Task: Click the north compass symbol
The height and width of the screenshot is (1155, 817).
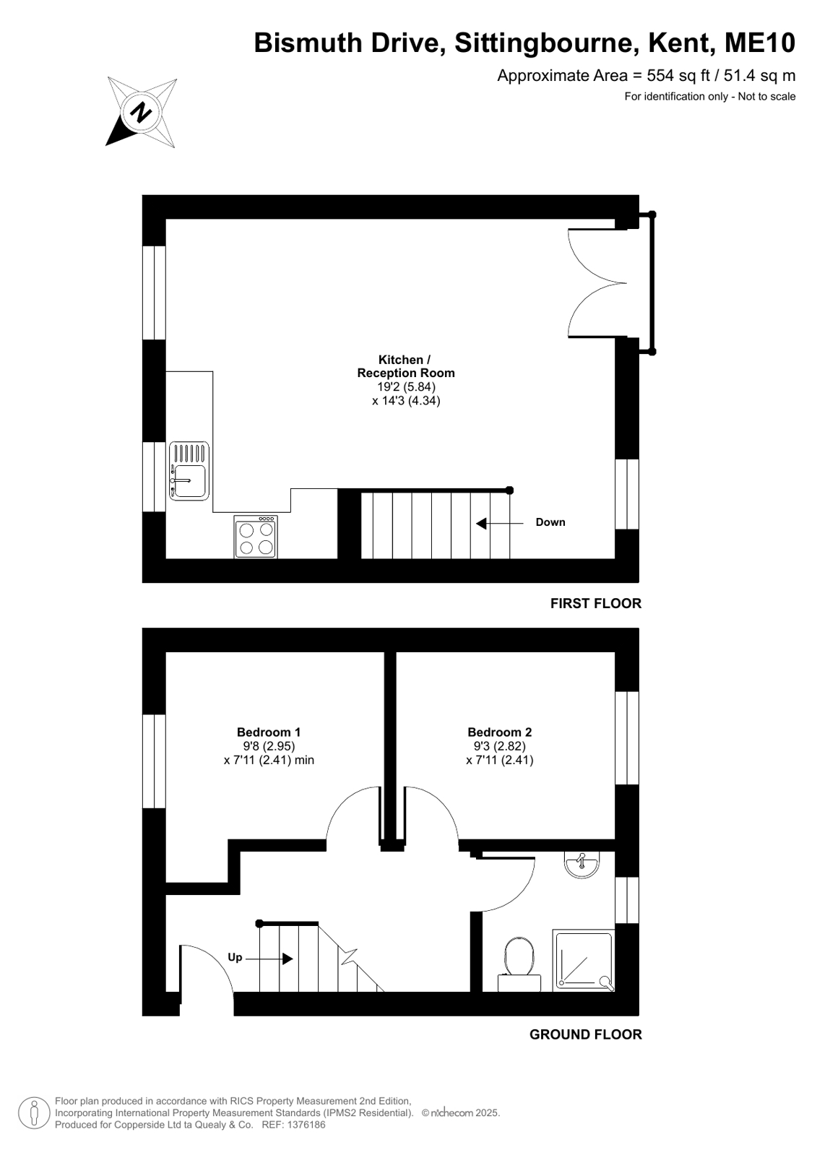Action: click(142, 112)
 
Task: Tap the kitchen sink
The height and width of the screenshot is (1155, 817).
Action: click(189, 471)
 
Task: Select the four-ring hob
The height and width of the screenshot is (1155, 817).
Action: click(256, 537)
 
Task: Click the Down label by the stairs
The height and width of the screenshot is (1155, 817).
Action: click(550, 522)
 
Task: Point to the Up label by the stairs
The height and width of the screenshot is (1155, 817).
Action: click(235, 958)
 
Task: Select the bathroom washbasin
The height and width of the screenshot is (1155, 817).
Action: click(582, 865)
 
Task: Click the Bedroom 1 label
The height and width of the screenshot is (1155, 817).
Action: click(269, 732)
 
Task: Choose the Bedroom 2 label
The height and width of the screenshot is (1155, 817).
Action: click(499, 732)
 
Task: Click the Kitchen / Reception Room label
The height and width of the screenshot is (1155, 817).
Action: click(406, 366)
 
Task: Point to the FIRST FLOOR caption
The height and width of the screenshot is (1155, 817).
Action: click(596, 603)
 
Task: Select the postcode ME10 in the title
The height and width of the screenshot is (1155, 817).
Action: click(760, 43)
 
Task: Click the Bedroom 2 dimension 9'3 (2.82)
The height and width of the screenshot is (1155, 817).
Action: click(499, 746)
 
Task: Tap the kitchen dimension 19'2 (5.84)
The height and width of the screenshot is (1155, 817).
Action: click(406, 386)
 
